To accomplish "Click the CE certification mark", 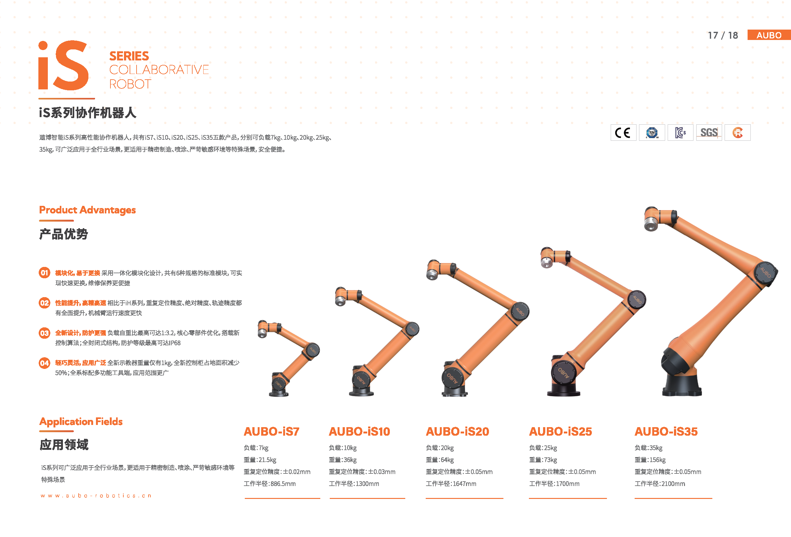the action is (623, 133).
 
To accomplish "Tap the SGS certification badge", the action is (709, 133).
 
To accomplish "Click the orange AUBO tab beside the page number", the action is (769, 35).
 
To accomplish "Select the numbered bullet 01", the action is (44, 273).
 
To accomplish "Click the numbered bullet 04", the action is (44, 363).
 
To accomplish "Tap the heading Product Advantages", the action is (87, 210).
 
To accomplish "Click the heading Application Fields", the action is (81, 421).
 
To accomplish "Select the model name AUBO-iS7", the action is (272, 432).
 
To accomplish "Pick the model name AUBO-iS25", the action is (561, 432).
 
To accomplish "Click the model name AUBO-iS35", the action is (666, 432).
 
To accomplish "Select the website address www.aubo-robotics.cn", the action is (96, 495).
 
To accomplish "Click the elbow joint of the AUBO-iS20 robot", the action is (520, 311).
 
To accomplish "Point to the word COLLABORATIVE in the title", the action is (159, 70).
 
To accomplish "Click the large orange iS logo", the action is (63, 65).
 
